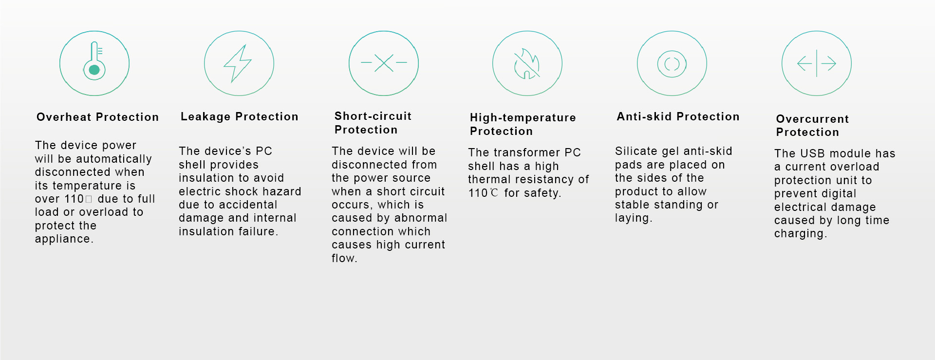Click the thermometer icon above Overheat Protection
click(94, 61)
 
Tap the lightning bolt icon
click(238, 63)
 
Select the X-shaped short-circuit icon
click(384, 63)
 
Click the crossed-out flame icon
click(527, 63)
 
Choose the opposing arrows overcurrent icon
click(817, 63)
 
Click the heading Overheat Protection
click(97, 117)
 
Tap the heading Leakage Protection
click(239, 117)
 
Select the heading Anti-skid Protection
click(678, 116)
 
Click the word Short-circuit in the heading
click(373, 116)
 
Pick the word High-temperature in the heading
click(523, 118)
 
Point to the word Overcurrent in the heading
click(812, 119)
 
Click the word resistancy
click(545, 180)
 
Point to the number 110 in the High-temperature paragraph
click(478, 193)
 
